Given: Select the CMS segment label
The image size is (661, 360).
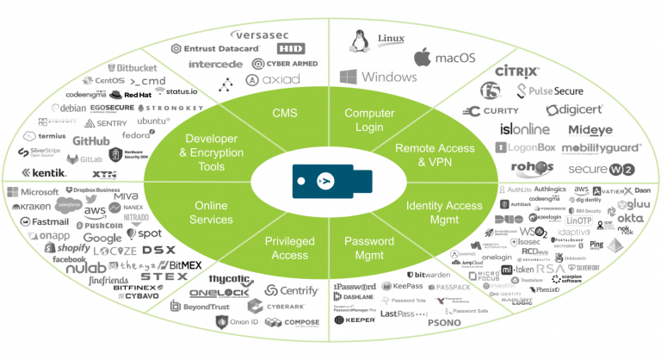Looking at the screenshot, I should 284,113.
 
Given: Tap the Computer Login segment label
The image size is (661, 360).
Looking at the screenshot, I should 369,120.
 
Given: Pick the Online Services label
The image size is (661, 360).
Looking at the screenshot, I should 211,213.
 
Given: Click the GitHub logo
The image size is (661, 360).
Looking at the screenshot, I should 90,140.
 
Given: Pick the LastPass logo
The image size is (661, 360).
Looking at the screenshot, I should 404,314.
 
